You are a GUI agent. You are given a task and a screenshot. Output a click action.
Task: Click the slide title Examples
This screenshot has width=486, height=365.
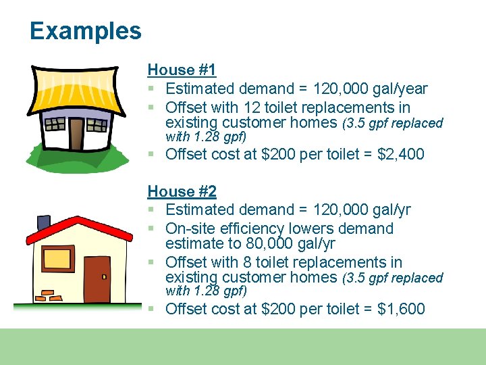[86, 31]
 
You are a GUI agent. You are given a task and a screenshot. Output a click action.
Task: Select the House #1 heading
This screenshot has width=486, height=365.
[182, 70]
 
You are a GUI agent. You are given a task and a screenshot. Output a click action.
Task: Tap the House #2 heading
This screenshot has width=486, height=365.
[182, 191]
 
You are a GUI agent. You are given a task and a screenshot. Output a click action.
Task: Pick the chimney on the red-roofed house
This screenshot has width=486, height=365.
[44, 222]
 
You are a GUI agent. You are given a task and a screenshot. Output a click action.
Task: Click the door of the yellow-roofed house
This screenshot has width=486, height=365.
[76, 133]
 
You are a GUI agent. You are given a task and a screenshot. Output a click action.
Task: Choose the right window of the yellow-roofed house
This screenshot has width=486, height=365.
[97, 125]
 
